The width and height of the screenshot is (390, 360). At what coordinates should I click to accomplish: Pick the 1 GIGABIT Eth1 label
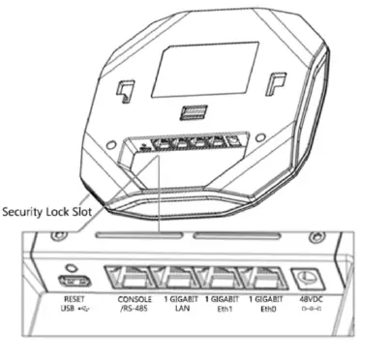click(x=225, y=306)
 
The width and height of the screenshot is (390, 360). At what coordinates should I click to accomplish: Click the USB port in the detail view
click(x=71, y=281)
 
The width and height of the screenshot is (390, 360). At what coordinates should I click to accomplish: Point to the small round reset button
click(x=70, y=265)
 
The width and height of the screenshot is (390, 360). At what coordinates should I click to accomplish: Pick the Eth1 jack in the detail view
click(x=225, y=280)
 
